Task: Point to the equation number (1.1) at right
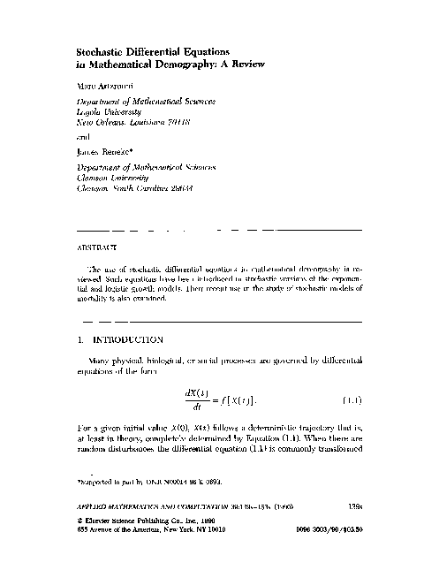coord(352,399)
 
